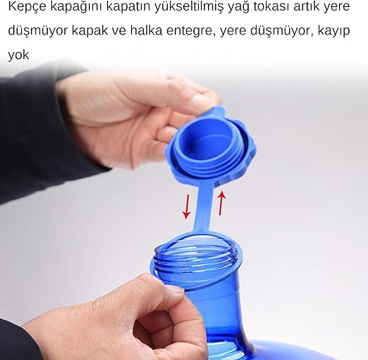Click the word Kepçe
27,7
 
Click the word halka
146,30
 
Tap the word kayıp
334,31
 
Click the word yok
18,55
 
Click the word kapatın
128,7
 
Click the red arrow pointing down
187,206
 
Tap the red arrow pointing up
221,203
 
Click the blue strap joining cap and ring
204,206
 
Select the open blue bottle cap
211,147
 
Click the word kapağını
76,7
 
